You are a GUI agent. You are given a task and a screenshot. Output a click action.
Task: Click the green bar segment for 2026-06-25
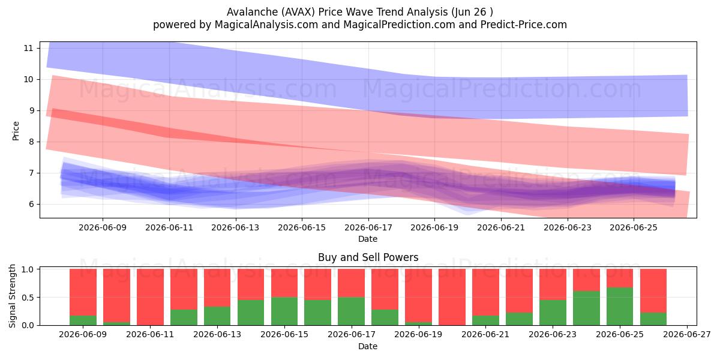(620, 307)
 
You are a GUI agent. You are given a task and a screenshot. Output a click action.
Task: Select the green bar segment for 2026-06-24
(586, 308)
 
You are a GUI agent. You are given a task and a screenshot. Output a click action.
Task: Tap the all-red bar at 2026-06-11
(150, 297)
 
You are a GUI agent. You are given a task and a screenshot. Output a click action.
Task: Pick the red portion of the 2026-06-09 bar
(83, 292)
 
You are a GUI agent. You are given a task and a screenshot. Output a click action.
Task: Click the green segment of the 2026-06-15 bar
(284, 311)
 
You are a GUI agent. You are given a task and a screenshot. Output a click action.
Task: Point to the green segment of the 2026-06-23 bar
(553, 313)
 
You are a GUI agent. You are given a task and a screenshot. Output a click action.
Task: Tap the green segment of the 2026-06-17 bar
(352, 311)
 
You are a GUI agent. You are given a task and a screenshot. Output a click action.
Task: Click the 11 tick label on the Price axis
(28, 48)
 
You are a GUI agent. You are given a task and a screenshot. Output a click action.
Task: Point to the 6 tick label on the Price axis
(31, 205)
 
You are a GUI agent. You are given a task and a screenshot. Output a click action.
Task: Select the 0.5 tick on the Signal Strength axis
(28, 298)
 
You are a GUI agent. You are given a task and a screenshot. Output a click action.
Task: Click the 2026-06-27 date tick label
(687, 335)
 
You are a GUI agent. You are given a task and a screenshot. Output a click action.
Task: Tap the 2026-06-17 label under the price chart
(368, 227)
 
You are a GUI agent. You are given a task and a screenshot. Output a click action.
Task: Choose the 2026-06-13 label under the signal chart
(217, 335)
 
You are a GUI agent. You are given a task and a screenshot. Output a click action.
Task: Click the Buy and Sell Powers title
(368, 257)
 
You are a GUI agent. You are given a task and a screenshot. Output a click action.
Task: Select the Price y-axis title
(16, 131)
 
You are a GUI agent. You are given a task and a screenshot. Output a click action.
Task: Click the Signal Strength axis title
(12, 296)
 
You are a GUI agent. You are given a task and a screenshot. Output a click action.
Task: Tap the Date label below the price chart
(368, 239)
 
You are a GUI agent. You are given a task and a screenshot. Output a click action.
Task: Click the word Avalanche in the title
(253, 12)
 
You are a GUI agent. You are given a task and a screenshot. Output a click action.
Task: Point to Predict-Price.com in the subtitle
(524, 25)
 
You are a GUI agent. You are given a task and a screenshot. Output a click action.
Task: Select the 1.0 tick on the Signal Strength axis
(28, 269)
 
